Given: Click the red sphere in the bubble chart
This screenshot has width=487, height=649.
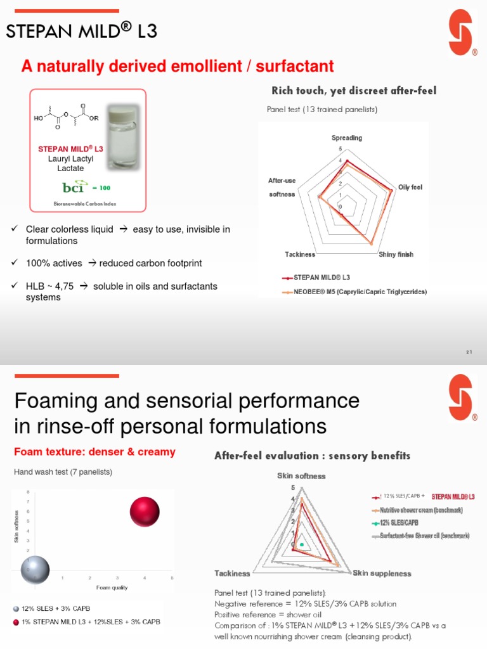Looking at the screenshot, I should pos(144,512).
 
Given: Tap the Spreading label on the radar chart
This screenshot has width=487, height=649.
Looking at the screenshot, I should pos(347,138).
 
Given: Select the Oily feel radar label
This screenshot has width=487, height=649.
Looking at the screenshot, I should pos(410,187).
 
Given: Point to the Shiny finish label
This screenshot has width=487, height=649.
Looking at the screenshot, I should pos(396,254).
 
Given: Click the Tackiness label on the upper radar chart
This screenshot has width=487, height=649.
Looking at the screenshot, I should pos(300,254).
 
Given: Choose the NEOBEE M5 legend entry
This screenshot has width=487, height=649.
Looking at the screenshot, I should pos(355,292).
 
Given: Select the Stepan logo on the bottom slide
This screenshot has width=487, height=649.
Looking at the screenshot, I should pos(461,398).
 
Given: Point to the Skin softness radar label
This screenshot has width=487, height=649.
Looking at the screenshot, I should pos(301,476).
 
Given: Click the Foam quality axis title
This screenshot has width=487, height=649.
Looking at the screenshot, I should pos(112,588).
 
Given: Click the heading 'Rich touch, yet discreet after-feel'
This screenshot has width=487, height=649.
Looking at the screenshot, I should pos(354,91).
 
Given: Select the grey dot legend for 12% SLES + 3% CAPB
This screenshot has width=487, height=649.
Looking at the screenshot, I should pos(16,608).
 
